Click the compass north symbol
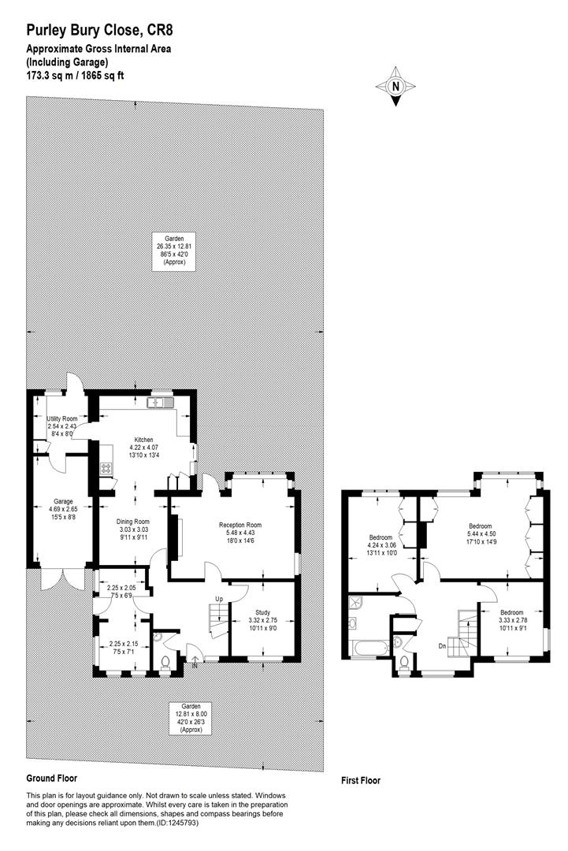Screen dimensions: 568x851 (x=395, y=86)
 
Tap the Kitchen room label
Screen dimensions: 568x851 (x=143, y=440)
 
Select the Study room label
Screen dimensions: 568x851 (x=262, y=613)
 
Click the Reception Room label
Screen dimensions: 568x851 (x=240, y=525)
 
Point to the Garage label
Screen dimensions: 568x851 (x=63, y=501)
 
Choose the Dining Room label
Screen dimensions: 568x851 (x=133, y=522)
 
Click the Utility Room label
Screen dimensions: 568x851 (x=62, y=419)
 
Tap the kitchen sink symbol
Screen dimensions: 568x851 (x=159, y=403)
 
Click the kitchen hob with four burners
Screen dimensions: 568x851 (x=106, y=468)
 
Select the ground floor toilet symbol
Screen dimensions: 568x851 (x=165, y=662)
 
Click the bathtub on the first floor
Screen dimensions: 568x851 (x=371, y=648)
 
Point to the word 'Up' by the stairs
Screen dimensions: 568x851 (x=219, y=599)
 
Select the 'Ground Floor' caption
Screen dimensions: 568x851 (x=51, y=778)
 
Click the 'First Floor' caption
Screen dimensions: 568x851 (x=361, y=780)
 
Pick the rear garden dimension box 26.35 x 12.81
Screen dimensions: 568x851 (x=175, y=251)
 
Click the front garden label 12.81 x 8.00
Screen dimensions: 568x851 (x=191, y=718)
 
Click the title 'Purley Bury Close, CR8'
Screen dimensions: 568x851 (x=100, y=29)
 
